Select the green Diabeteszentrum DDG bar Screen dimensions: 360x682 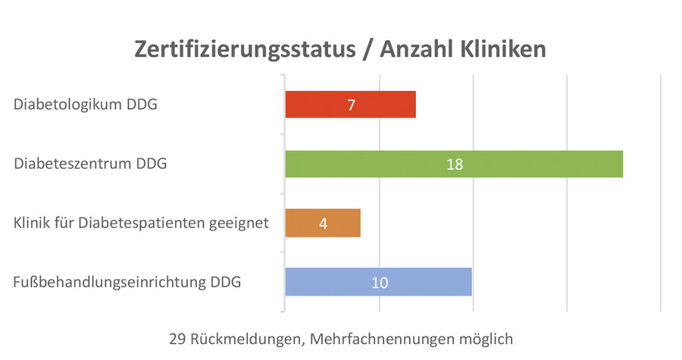point(530,164)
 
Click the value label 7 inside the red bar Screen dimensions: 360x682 point(351,105)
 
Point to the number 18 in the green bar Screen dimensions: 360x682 point(454,164)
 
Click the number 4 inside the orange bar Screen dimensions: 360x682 point(323,224)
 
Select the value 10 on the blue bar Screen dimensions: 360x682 point(379,283)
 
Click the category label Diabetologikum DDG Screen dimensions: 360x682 point(86,105)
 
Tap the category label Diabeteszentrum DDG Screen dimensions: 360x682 point(90,164)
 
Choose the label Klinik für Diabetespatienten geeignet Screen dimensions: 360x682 point(141,224)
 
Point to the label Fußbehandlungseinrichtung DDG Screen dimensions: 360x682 point(127,283)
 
